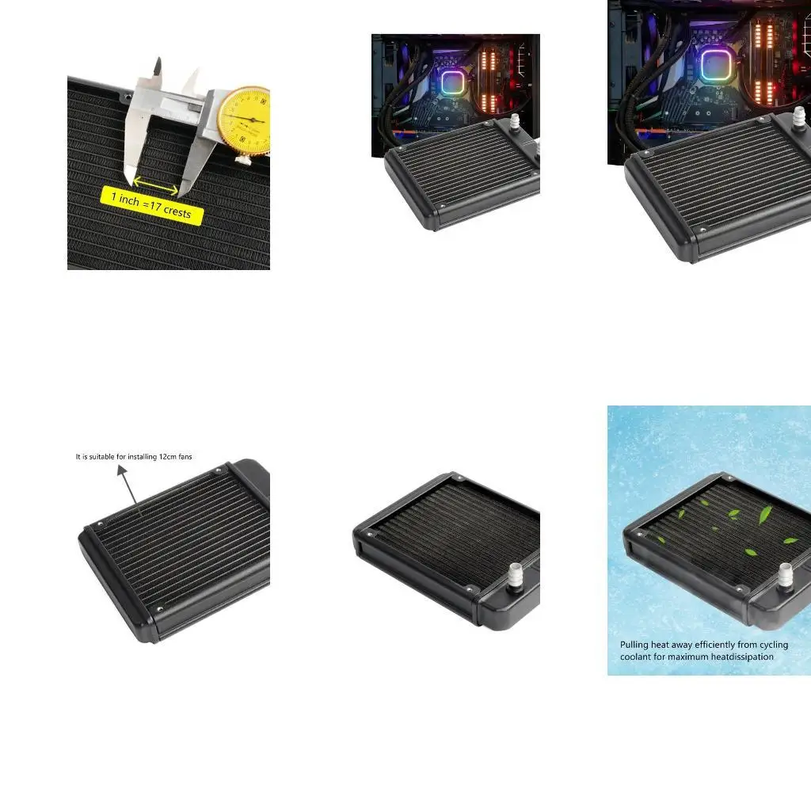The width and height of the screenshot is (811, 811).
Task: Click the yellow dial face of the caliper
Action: (245, 120)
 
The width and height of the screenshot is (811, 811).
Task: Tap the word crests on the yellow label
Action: (177, 211)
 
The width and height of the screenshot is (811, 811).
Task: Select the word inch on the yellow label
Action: (129, 200)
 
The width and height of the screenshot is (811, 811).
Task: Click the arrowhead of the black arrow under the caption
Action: (121, 470)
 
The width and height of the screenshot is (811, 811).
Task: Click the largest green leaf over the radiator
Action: (765, 515)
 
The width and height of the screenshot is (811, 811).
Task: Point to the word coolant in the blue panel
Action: (634, 657)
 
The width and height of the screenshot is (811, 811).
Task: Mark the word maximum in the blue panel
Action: (687, 657)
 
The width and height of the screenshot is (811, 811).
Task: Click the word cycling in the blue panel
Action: (774, 645)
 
